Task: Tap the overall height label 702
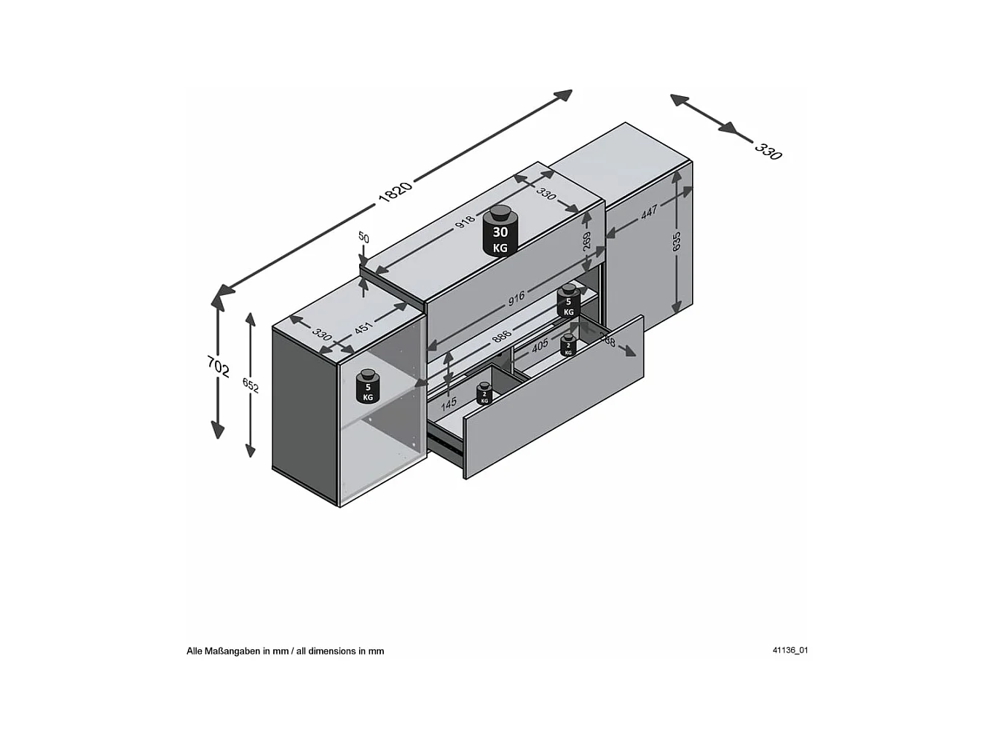219,366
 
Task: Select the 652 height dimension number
251,385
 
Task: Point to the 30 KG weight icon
500,231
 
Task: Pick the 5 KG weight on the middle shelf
568,302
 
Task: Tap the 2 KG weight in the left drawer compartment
484,394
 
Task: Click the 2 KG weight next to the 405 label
568,345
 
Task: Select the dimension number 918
465,221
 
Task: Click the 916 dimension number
516,298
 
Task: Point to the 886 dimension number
501,336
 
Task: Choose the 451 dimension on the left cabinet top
363,328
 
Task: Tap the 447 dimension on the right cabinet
649,211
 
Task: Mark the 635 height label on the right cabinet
677,241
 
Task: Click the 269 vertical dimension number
587,241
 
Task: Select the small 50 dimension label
363,237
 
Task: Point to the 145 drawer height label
449,403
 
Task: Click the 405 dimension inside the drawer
540,346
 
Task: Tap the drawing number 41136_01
790,651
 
